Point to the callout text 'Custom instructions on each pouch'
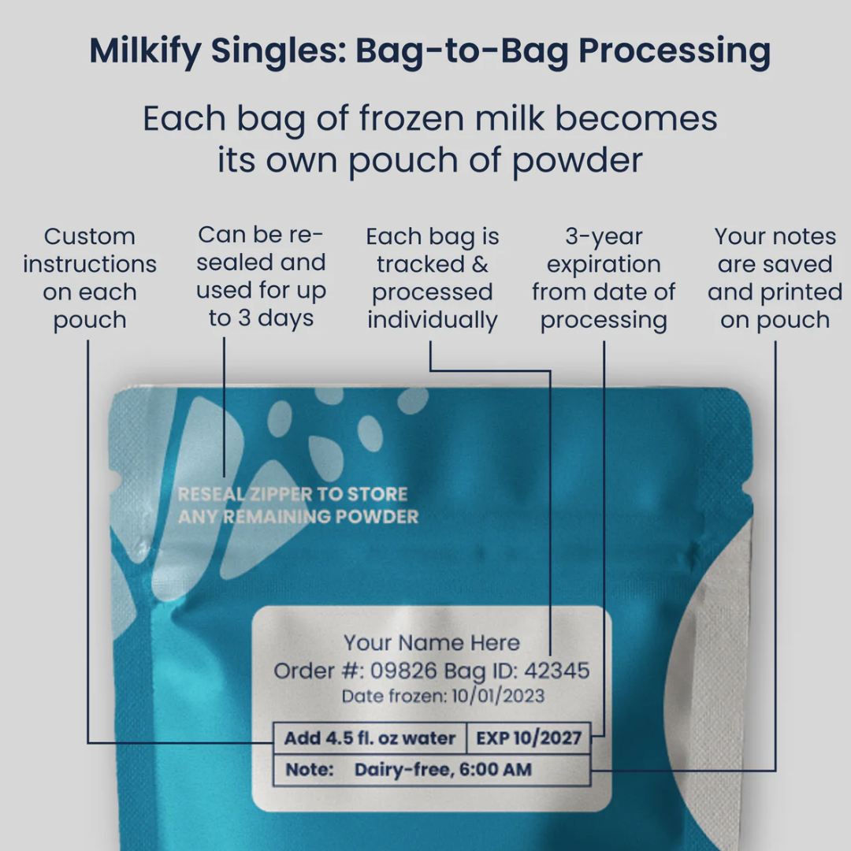(90, 278)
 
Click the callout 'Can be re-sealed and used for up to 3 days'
(261, 277)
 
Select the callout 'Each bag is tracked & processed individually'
(433, 278)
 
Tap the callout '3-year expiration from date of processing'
(604, 278)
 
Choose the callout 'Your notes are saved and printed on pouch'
(775, 278)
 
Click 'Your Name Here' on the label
(432, 643)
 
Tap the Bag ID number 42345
(556, 671)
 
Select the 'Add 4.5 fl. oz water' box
(370, 739)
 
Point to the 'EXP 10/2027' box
(529, 739)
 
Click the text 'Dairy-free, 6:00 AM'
(443, 770)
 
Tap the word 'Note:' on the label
(310, 770)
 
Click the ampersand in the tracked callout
(479, 265)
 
